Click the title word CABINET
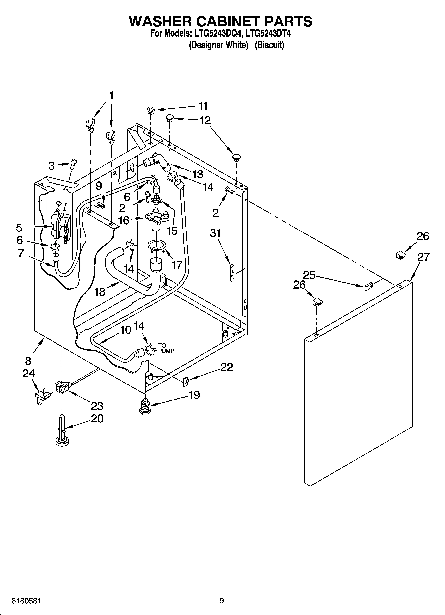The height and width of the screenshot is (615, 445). coord(220,21)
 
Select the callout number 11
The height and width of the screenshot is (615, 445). coord(203,106)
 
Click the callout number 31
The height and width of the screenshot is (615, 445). coord(215,233)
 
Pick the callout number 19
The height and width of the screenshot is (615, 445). coord(194,395)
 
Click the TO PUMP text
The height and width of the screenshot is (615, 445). coord(166,348)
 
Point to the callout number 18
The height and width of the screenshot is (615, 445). coord(100,292)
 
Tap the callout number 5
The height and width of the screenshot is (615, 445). coord(19,228)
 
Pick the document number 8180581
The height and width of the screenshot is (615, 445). coord(26,601)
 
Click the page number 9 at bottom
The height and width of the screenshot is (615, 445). coord(222,601)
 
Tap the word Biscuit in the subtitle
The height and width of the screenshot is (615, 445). coord(269,45)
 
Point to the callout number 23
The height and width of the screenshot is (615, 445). coord(97,406)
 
